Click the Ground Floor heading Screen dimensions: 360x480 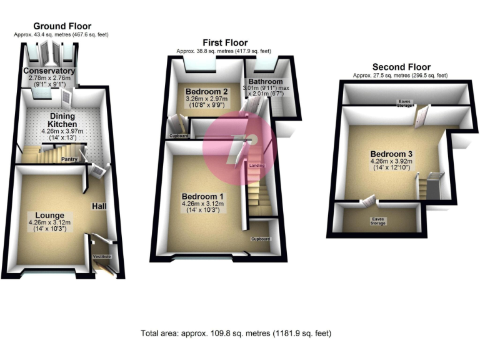tap(62, 26)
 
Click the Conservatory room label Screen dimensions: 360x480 tap(49, 71)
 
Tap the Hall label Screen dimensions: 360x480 tap(99, 206)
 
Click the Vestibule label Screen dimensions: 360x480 tap(101, 257)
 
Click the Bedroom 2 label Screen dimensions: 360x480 tap(206, 91)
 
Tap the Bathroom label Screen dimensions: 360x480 tap(265, 82)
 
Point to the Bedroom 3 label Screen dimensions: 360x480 tap(391, 154)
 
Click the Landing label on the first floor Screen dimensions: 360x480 tap(256, 166)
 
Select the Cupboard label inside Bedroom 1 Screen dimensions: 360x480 tap(261, 239)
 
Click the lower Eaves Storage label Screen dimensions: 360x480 tap(377, 220)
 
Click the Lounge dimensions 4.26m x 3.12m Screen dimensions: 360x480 tap(49, 222)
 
